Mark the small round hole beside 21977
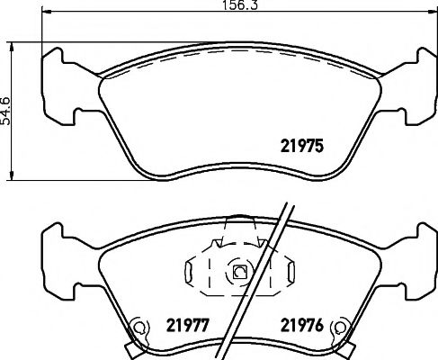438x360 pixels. point(138,327)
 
